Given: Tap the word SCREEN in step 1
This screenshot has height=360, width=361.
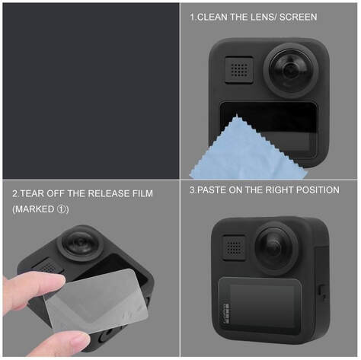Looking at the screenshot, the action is pyautogui.click(x=299, y=18).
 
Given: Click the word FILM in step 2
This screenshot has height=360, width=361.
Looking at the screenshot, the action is pyautogui.click(x=142, y=193).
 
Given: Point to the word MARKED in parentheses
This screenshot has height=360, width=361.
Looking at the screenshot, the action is pyautogui.click(x=34, y=209).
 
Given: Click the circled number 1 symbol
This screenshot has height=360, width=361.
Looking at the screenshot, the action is pyautogui.click(x=62, y=209).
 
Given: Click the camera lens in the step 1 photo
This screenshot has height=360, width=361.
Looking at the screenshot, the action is pyautogui.click(x=291, y=70).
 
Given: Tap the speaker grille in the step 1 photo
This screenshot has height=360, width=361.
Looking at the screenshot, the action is pyautogui.click(x=239, y=70).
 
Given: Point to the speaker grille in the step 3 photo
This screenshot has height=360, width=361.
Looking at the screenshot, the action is pyautogui.click(x=234, y=248).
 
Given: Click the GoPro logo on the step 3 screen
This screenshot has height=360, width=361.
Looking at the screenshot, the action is pyautogui.click(x=225, y=313).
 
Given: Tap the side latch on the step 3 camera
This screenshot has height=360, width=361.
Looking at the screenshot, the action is pyautogui.click(x=322, y=293).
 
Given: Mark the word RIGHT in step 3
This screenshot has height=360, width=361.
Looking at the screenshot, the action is pyautogui.click(x=280, y=190).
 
